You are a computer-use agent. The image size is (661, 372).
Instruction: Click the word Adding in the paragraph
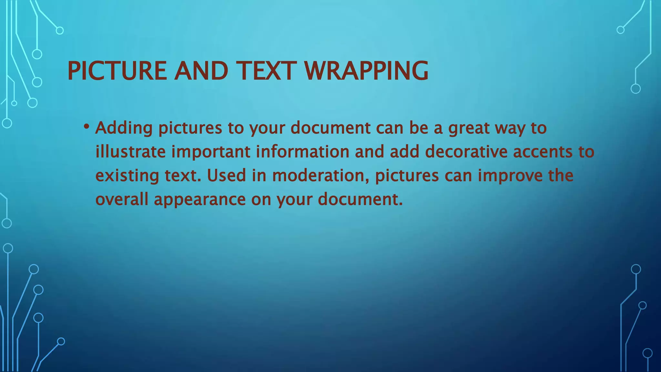pos(124,128)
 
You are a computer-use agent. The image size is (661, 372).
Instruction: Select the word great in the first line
pos(469,128)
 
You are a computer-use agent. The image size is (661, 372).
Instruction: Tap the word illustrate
pos(130,152)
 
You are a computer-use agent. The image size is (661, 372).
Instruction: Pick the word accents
pos(542,152)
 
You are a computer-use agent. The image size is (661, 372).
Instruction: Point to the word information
pos(303,152)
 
